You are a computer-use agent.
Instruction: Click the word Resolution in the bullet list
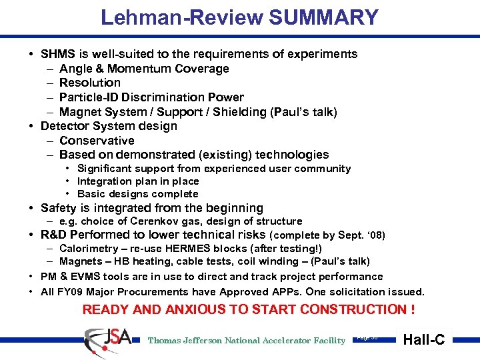tap(90, 83)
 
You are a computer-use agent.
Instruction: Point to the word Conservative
tap(97, 141)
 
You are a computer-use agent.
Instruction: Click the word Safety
tap(59, 208)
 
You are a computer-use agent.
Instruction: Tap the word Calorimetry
tap(86, 249)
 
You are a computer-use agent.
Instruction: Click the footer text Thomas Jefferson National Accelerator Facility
tap(247, 341)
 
